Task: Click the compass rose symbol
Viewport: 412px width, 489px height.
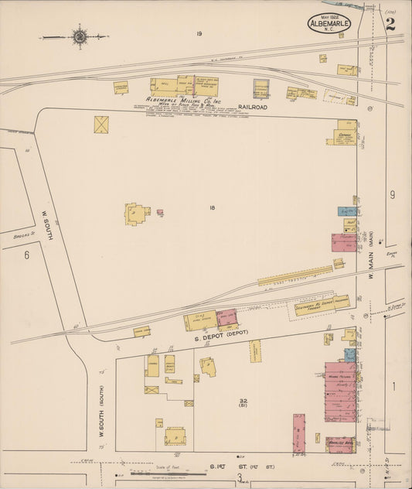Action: click(79, 36)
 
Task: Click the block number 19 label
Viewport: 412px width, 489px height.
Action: click(199, 33)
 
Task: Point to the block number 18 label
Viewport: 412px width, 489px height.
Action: click(211, 207)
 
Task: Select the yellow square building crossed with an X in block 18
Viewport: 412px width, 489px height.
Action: click(101, 125)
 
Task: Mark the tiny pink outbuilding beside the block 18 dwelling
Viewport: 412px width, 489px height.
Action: click(160, 212)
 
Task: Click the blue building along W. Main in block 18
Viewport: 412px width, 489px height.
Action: click(345, 210)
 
